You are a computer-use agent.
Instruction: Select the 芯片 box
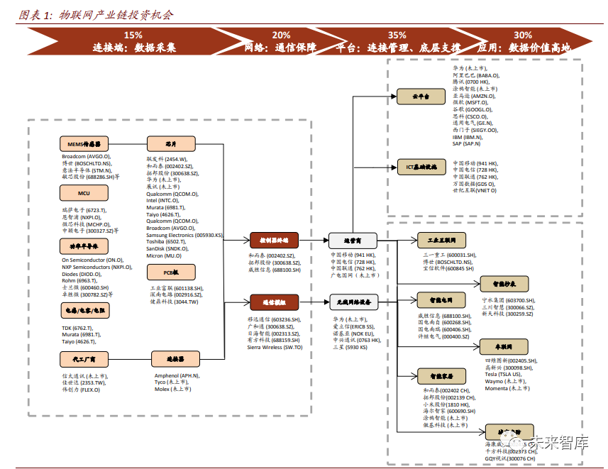coord(171,144)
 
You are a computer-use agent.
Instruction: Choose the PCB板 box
coord(171,272)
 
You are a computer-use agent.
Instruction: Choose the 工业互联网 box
coord(442,240)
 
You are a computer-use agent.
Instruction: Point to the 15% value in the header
coord(133,35)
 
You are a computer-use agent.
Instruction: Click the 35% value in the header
coord(397,35)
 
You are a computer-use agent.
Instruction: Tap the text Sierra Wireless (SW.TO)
coord(275,347)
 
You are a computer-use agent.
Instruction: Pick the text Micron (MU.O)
coord(165,255)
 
